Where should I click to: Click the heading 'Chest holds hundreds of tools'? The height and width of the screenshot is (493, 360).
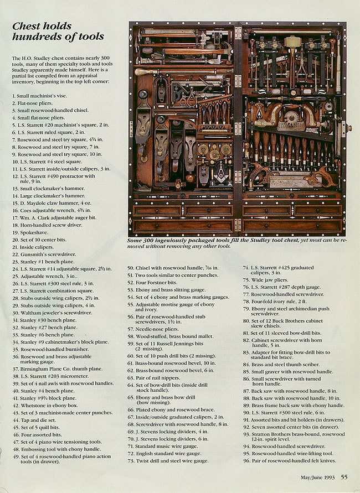tap(58, 32)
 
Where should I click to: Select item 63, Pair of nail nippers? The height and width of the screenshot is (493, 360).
tap(156, 392)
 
